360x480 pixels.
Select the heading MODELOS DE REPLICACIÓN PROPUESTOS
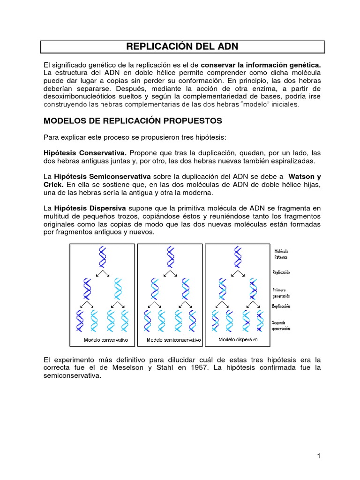[132, 120]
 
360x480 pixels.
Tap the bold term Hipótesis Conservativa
[85, 153]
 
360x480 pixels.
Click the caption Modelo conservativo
[105, 340]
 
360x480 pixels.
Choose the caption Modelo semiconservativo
[173, 340]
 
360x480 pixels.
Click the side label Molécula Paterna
[281, 254]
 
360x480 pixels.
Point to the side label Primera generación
[282, 293]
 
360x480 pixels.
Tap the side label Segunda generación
[282, 325]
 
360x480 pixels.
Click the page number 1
[318, 456]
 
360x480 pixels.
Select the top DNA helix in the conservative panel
[102, 257]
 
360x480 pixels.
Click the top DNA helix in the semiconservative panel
[170, 257]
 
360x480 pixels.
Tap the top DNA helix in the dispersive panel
[238, 257]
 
